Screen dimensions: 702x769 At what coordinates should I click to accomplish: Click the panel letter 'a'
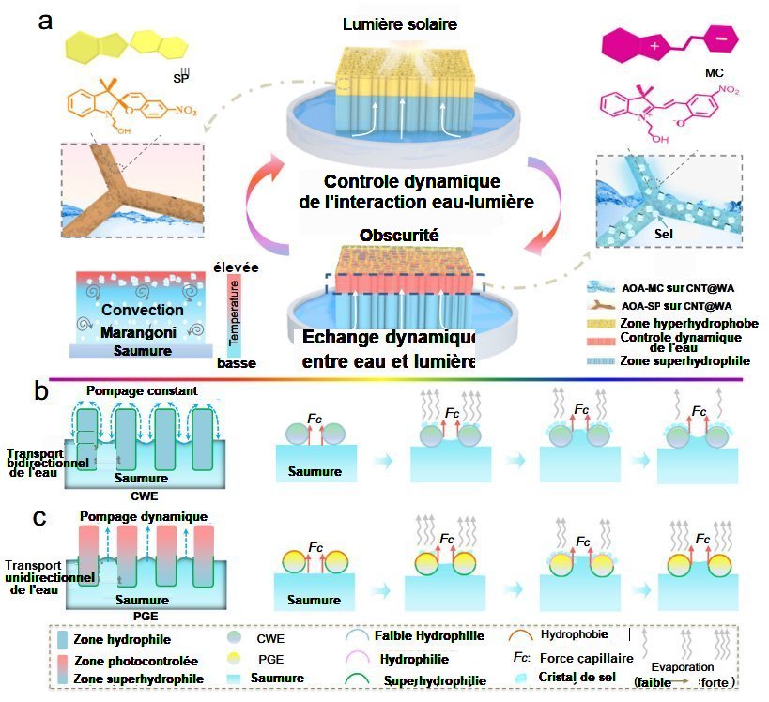point(43,21)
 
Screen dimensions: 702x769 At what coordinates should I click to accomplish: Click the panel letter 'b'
point(41,390)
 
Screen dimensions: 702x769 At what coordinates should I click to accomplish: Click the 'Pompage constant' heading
point(138,389)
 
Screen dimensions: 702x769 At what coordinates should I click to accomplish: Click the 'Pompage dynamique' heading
point(144,517)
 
